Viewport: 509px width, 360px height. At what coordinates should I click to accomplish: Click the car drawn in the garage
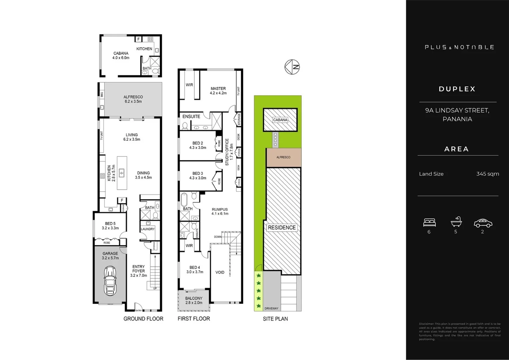[110, 280]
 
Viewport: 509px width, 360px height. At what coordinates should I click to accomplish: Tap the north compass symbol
[292, 67]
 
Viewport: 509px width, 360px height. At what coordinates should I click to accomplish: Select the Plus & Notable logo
[459, 47]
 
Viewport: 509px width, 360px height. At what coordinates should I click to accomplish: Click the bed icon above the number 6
[429, 222]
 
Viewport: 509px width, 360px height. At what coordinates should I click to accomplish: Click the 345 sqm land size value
[487, 174]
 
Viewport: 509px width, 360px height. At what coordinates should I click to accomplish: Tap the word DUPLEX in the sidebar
[457, 89]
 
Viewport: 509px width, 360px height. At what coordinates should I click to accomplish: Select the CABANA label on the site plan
[280, 120]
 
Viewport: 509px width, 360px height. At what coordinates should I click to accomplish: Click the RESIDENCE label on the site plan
[282, 228]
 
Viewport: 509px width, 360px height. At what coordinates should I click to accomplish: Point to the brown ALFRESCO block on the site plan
[283, 157]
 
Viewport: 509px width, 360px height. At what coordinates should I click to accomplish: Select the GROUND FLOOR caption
[143, 319]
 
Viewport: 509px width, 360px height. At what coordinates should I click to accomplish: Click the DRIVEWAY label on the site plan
[271, 308]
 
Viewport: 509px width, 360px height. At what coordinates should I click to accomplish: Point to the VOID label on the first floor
[220, 272]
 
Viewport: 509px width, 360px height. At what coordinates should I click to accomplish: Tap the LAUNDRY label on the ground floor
[148, 229]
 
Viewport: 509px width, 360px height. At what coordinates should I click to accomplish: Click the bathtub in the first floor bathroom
[184, 200]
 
